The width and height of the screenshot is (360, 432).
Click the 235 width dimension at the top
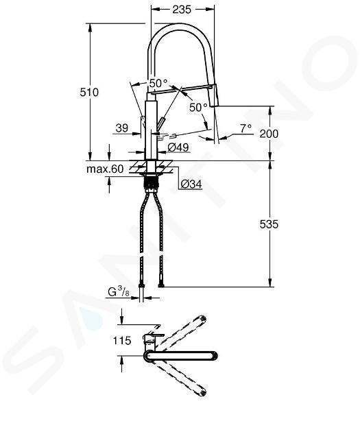point(182,10)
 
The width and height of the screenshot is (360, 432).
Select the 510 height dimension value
point(89,93)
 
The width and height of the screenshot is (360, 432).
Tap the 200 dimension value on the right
point(269,134)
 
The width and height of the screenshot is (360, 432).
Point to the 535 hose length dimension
point(269,224)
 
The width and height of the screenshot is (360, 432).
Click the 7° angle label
point(246,128)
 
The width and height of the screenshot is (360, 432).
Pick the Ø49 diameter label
point(178,147)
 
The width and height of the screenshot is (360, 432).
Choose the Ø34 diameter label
point(191,184)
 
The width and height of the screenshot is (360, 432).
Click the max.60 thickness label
point(105,169)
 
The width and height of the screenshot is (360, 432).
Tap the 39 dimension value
point(122,128)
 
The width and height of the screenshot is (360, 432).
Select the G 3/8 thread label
point(119,291)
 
